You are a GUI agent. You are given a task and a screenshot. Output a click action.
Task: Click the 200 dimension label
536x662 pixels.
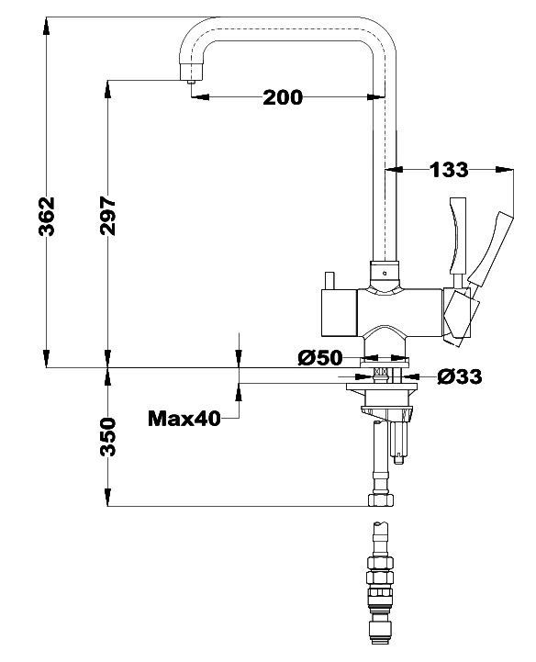[283, 97]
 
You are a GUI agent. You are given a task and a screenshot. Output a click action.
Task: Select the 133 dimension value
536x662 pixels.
[449, 169]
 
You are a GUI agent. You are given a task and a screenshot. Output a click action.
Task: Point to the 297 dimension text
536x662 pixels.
[107, 216]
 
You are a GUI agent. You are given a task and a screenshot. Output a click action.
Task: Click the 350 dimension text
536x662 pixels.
[107, 437]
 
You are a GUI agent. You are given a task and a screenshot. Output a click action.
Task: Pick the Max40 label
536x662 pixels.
[184, 420]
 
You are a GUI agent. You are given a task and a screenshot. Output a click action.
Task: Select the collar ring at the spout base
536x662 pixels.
[385, 272]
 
